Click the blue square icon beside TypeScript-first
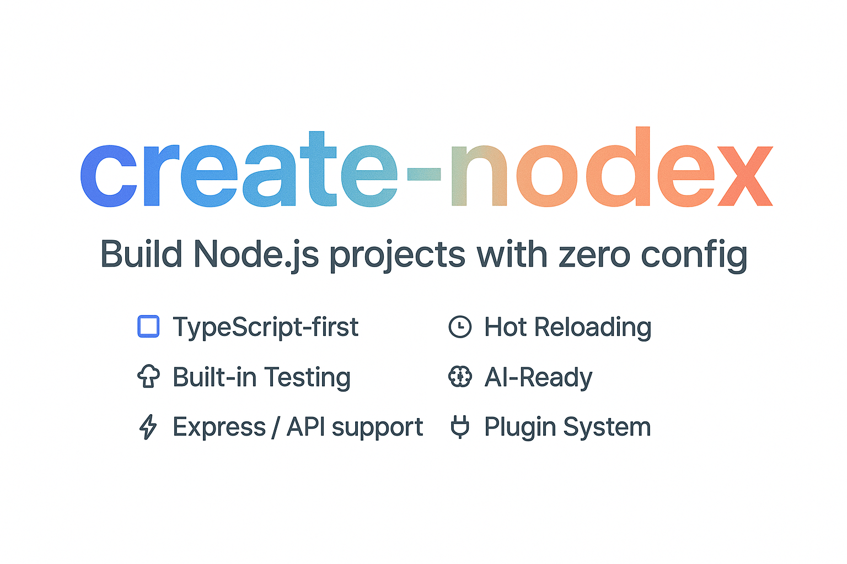point(148,326)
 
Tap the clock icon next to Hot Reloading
point(460,327)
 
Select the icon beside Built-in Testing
point(148,376)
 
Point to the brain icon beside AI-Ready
point(460,377)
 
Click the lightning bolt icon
point(148,427)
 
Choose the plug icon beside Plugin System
point(460,427)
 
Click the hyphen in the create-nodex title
point(424,174)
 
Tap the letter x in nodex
point(745,176)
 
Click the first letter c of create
point(109,176)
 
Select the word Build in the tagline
point(141,254)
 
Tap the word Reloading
point(593,328)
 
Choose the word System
point(607,428)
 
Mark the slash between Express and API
point(276,427)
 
